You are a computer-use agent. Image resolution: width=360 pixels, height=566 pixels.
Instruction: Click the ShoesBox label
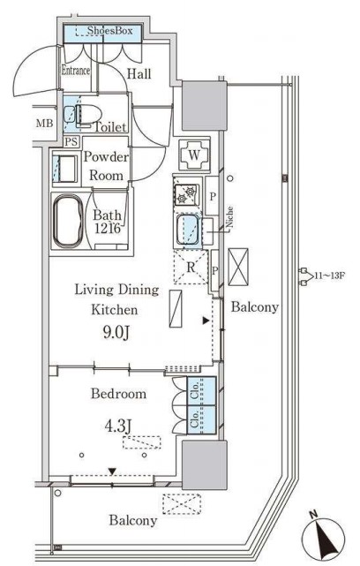point(109,31)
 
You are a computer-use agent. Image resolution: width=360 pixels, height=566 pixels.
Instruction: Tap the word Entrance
point(75,71)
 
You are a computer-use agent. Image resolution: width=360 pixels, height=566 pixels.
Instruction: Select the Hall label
point(139,74)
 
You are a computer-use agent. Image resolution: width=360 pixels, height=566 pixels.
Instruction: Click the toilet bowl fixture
point(87,115)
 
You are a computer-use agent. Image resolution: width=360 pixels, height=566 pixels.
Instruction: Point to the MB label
point(44,124)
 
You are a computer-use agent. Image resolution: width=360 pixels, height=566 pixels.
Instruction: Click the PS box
point(71,141)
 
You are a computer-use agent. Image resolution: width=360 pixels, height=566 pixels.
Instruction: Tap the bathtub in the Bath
point(68,222)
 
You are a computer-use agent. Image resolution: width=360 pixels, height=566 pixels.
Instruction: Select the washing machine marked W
point(194,155)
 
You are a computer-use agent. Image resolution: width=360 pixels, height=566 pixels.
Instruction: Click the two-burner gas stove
point(186,194)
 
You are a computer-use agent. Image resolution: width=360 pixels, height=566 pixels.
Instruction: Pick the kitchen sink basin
point(188,231)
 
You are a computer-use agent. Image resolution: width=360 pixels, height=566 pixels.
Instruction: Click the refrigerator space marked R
point(191,268)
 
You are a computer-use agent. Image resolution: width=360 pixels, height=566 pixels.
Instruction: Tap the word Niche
point(229,217)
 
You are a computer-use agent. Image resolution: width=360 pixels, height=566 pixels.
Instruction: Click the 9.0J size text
point(116,333)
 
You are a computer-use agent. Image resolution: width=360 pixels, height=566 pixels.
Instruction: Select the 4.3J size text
point(117,426)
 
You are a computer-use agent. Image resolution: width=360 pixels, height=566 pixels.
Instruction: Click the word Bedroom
point(119,394)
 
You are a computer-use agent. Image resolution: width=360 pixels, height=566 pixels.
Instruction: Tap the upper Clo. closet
point(201,391)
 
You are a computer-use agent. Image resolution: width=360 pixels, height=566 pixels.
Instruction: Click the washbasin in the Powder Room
point(65,169)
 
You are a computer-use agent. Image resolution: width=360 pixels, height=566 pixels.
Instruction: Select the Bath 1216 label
point(107,222)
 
